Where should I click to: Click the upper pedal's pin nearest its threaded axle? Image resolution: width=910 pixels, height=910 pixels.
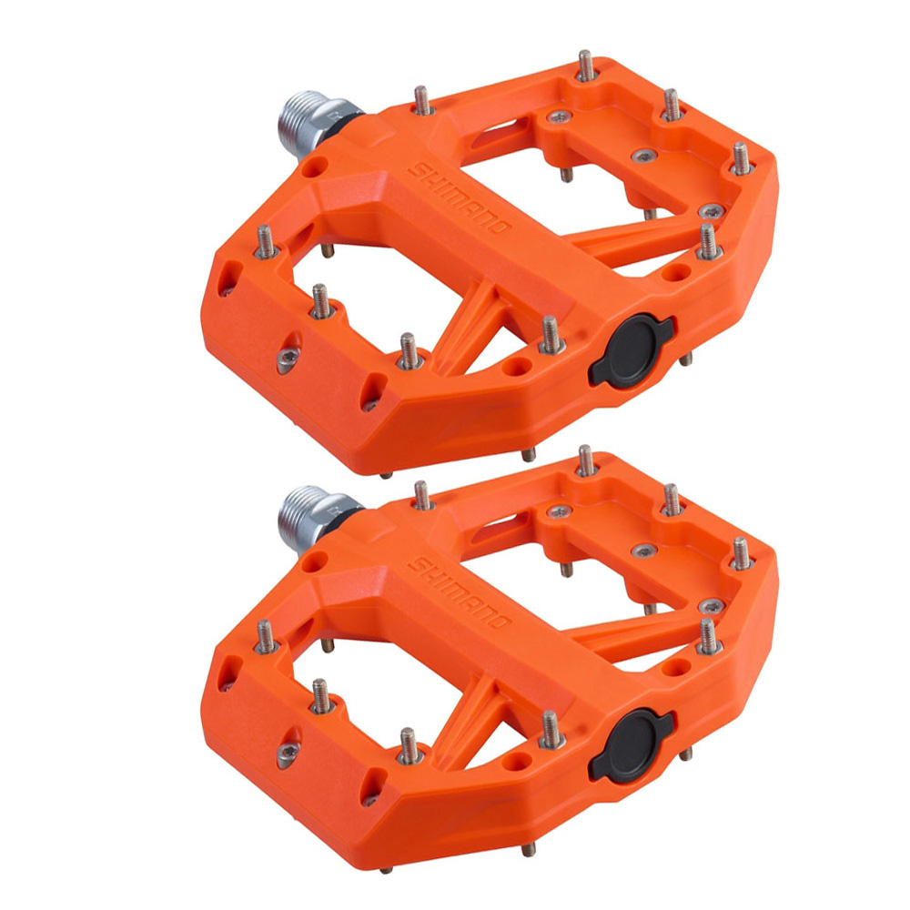421,100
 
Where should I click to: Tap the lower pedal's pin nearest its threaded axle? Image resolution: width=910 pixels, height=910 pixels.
421,495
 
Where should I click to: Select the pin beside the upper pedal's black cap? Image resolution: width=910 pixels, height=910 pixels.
549,332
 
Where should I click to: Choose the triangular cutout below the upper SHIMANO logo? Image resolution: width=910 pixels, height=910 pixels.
477,332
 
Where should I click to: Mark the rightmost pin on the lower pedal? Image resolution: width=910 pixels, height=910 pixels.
741,551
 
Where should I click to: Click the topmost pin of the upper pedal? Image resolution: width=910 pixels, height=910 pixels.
584,66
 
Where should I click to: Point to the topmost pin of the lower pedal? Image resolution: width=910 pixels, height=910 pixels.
584,460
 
